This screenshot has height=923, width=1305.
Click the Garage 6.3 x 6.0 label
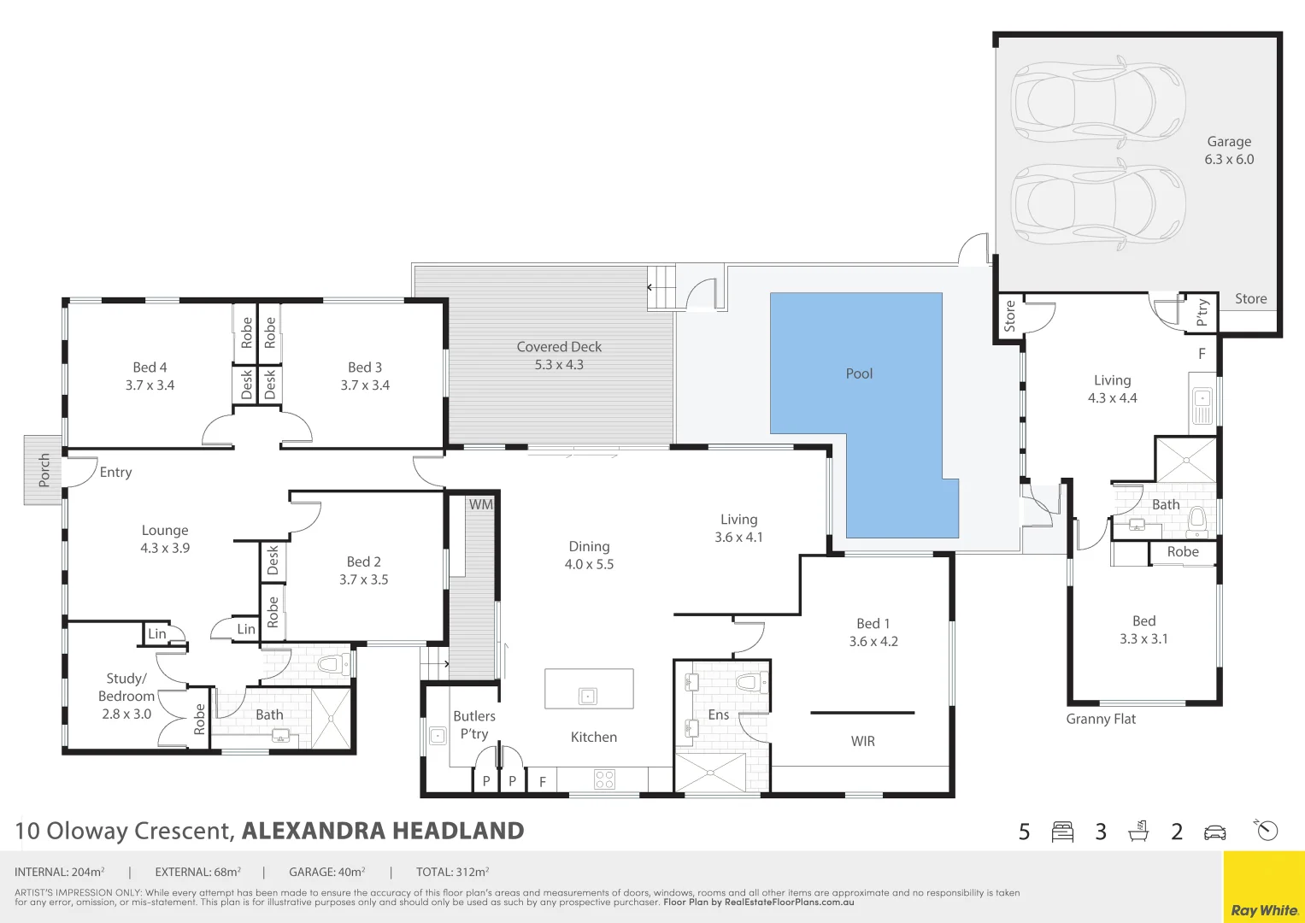pyautogui.click(x=1229, y=150)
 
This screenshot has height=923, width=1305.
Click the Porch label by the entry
pyautogui.click(x=44, y=470)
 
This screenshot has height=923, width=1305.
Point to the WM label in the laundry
pyautogui.click(x=480, y=504)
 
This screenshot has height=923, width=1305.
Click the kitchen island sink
pyautogui.click(x=588, y=696)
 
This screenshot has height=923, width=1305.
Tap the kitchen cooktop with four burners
pyautogui.click(x=604, y=779)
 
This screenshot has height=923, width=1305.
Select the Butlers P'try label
pyautogui.click(x=474, y=725)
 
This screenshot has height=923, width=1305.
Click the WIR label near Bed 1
pyautogui.click(x=862, y=741)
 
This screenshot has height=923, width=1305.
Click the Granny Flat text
pyautogui.click(x=1101, y=719)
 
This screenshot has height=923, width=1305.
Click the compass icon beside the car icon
pyautogui.click(x=1267, y=830)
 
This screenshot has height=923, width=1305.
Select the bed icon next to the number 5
pyautogui.click(x=1062, y=832)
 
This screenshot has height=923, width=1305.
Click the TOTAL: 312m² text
pyautogui.click(x=452, y=873)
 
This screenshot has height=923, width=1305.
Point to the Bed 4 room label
pyautogui.click(x=150, y=376)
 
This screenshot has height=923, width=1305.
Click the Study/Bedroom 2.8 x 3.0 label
pyautogui.click(x=126, y=696)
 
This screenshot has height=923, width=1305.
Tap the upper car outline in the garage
pyautogui.click(x=1098, y=99)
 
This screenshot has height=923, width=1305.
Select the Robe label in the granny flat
pyautogui.click(x=1183, y=552)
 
